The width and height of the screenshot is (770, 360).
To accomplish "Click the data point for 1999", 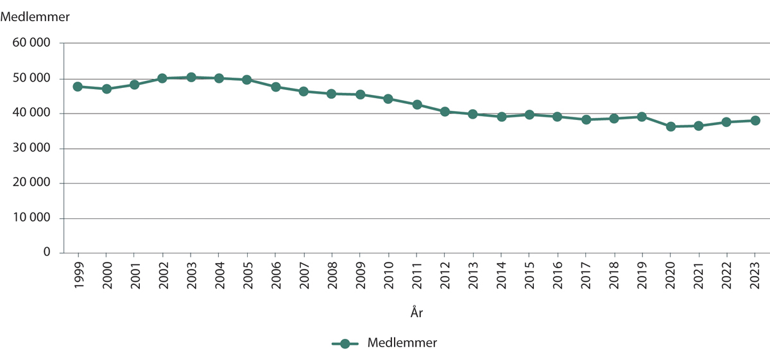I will pos(78,87).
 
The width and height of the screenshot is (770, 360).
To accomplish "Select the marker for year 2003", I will pos(191,77).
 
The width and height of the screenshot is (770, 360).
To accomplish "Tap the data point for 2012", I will pos(445,112).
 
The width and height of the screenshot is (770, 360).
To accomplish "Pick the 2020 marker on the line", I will pos(671,126).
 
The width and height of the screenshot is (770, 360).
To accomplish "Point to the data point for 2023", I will pos(755,121).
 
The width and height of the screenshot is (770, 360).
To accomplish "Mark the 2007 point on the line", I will pos(304,91).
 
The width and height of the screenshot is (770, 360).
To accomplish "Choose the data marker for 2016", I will pos(558,117).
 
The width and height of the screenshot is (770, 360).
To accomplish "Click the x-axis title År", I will pos(416,313).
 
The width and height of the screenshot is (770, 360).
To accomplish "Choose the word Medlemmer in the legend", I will pos(402,343).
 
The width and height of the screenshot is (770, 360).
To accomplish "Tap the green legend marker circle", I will pos(345,344).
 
